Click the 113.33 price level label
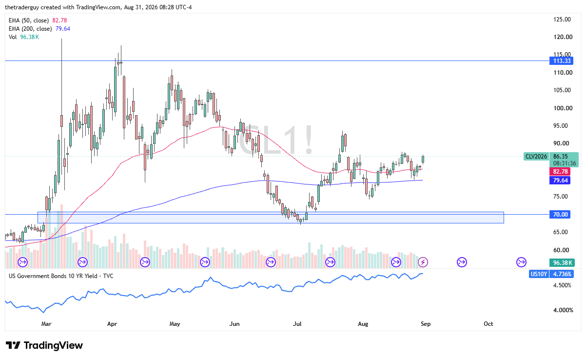[x=562, y=61]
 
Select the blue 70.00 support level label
[x=560, y=215]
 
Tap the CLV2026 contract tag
[x=536, y=157]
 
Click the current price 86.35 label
[x=560, y=156]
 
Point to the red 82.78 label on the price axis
[x=560, y=172]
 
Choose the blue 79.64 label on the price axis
[x=560, y=180]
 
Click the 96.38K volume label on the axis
[x=562, y=262]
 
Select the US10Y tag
[x=538, y=274]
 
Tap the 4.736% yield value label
[x=562, y=274]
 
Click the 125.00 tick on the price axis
[x=562, y=20]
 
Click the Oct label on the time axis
[x=488, y=324]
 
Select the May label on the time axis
[x=175, y=324]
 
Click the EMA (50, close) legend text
[x=29, y=20]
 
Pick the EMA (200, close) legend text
[x=30, y=29]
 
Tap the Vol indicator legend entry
[x=13, y=37]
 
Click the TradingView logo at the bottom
[x=44, y=345]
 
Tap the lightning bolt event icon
[x=423, y=262]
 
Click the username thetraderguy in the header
[x=22, y=7]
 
